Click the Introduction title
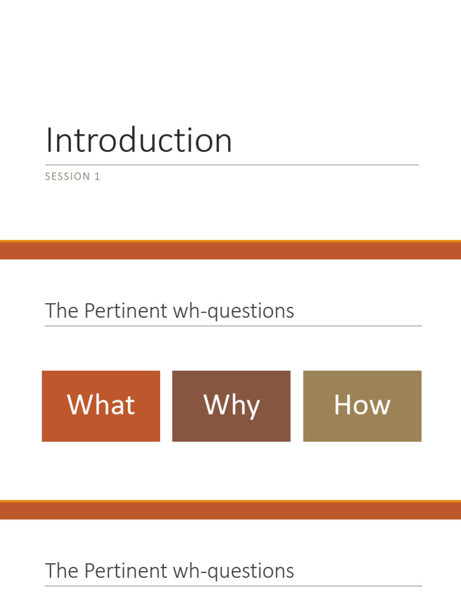(139, 141)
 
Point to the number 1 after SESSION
(97, 177)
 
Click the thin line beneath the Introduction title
(232, 165)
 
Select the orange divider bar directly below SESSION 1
(230, 250)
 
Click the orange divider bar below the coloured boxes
(230, 510)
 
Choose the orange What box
(101, 406)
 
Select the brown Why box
(231, 406)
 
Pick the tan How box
(362, 406)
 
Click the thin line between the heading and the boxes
(233, 326)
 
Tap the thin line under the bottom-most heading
(233, 586)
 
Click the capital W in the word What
(79, 404)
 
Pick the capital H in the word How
(342, 404)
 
